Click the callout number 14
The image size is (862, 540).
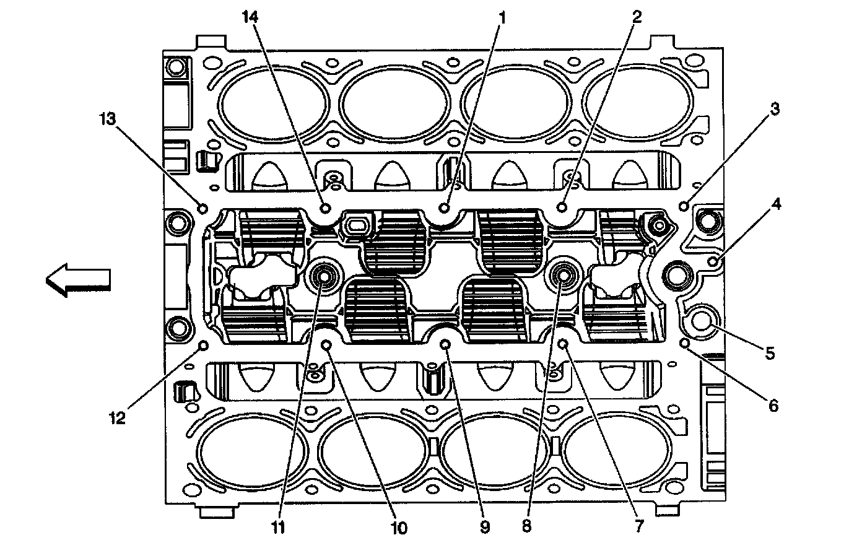pos(250,17)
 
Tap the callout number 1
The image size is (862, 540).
pos(502,18)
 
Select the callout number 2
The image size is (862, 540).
pos(637,17)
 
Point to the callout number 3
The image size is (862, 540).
pos(775,109)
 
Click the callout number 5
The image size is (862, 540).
pos(770,353)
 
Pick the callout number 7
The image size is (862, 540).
pos(639,526)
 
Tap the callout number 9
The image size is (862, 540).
pos(485,526)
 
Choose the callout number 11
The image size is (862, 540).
pos(278,527)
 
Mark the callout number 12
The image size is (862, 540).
pos(118,418)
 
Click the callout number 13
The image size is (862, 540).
pos(108,119)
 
